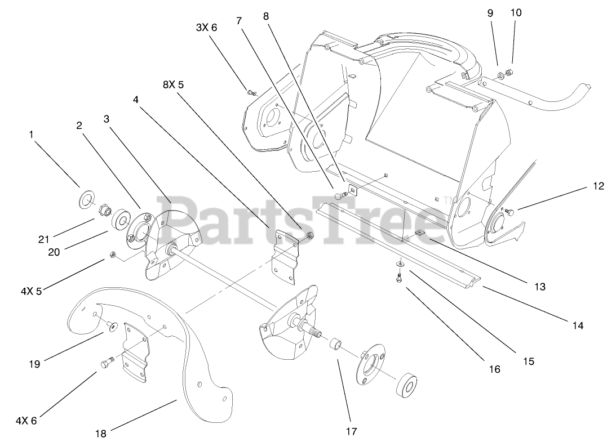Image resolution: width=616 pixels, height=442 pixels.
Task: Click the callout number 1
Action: [32, 135]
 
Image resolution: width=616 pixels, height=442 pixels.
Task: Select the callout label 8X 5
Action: [174, 84]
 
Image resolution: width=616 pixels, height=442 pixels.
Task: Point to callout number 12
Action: [597, 186]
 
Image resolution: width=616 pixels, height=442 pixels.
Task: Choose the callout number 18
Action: [101, 433]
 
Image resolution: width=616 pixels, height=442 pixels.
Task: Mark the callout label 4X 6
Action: [26, 419]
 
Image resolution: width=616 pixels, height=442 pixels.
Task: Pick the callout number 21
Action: [44, 239]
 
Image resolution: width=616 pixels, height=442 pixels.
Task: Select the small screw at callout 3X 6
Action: [251, 92]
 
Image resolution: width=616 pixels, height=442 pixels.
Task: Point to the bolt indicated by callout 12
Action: [509, 212]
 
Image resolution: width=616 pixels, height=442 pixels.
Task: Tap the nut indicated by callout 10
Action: [509, 72]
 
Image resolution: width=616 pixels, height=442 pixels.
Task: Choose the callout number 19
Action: [34, 364]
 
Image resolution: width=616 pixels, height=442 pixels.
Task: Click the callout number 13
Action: [540, 287]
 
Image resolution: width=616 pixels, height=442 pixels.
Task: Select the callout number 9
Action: [490, 12]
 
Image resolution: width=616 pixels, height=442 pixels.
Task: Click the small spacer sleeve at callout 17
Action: [337, 343]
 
